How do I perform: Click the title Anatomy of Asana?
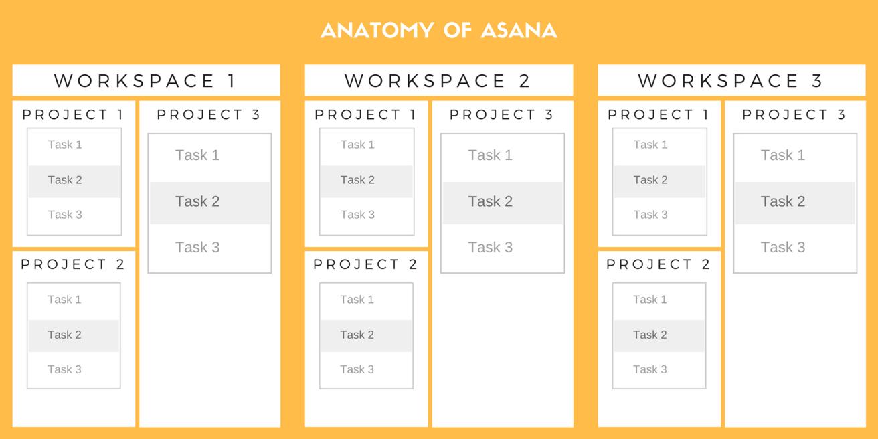pyautogui.click(x=438, y=31)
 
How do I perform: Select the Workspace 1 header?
pyautogui.click(x=145, y=81)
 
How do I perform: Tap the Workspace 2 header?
pyautogui.click(x=438, y=81)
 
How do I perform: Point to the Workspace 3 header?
pyautogui.click(x=731, y=81)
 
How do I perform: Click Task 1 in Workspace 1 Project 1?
pyautogui.click(x=65, y=145)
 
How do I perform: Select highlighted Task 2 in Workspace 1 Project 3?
pyautogui.click(x=197, y=201)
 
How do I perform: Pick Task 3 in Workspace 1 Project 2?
pyautogui.click(x=64, y=369)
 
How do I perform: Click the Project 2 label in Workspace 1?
pyautogui.click(x=73, y=264)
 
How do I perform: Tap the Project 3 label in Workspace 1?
pyautogui.click(x=209, y=115)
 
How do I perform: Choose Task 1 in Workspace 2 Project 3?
pyautogui.click(x=490, y=155)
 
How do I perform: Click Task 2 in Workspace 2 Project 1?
pyautogui.click(x=357, y=180)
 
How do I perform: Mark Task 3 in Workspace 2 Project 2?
pyautogui.click(x=357, y=369)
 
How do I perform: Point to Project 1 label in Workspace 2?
pyautogui.click(x=365, y=115)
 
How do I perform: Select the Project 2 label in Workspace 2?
pyautogui.click(x=365, y=264)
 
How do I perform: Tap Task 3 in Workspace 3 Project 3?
pyautogui.click(x=782, y=248)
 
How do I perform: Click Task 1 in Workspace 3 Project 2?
pyautogui.click(x=650, y=300)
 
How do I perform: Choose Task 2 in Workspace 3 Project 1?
pyautogui.click(x=650, y=180)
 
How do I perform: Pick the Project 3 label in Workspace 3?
pyautogui.click(x=794, y=115)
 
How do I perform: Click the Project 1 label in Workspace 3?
pyautogui.click(x=658, y=115)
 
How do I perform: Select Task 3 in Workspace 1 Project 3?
pyautogui.click(x=197, y=248)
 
